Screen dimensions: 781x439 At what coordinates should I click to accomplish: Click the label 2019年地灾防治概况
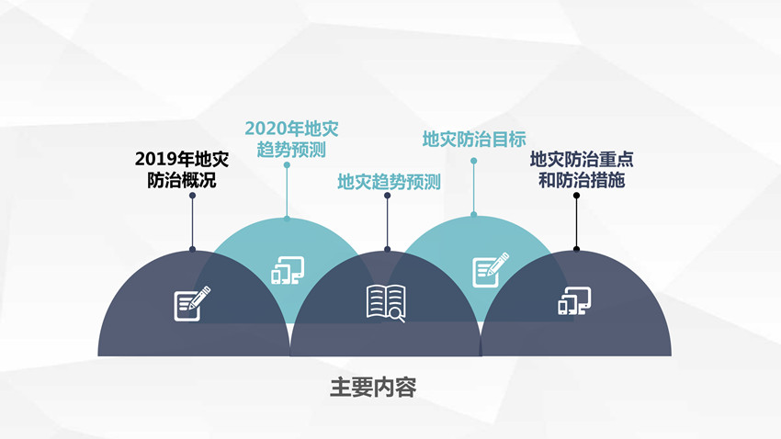(x=182, y=170)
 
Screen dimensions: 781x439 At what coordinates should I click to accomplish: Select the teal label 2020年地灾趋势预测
(x=291, y=140)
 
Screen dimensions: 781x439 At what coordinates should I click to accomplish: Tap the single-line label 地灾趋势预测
(x=389, y=182)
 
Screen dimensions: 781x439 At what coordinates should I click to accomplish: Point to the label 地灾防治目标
(x=474, y=140)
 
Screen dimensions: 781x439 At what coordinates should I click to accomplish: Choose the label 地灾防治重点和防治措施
(x=582, y=170)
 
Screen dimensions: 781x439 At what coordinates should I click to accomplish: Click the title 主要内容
(x=374, y=388)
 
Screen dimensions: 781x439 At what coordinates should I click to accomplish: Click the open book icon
(x=386, y=303)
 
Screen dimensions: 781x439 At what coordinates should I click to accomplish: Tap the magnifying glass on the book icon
(x=398, y=315)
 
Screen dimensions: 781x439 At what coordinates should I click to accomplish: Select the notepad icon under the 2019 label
(x=192, y=304)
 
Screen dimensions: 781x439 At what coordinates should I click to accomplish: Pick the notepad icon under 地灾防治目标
(x=491, y=270)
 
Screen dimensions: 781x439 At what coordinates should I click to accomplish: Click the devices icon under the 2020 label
(x=288, y=270)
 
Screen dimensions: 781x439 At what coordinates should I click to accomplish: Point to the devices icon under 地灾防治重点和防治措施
(x=574, y=300)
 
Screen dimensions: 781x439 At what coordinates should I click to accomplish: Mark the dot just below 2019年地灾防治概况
(x=192, y=196)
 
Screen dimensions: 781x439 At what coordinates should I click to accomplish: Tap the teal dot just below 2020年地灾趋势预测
(x=287, y=164)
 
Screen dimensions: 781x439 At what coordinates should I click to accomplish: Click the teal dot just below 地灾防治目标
(x=474, y=161)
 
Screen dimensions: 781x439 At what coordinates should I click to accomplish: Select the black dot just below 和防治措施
(x=576, y=196)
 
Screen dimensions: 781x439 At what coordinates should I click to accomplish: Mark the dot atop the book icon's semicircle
(x=387, y=250)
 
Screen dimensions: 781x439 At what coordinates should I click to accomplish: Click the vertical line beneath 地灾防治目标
(x=474, y=187)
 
